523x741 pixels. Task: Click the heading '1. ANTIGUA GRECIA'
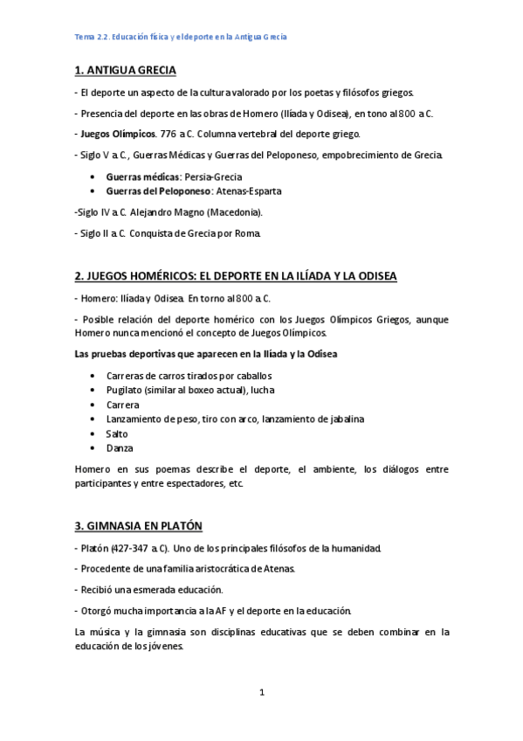[x=136, y=70]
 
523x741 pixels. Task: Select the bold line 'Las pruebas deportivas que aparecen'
[x=206, y=353]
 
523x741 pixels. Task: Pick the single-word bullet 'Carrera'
[x=122, y=405]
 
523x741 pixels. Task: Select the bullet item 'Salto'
[x=117, y=433]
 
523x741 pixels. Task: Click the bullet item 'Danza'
[x=120, y=447]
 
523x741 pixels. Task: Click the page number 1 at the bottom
[x=261, y=693]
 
